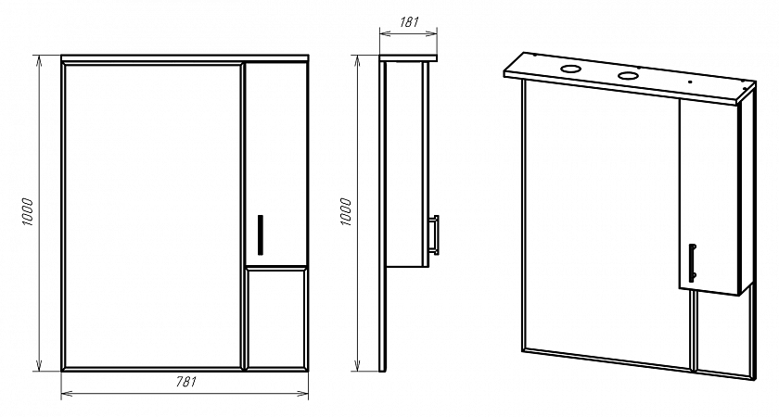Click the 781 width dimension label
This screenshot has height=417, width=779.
click(185, 382)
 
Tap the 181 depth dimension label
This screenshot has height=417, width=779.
click(409, 22)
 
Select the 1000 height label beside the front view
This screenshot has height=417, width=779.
click(27, 212)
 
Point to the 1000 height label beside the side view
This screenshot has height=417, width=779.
click(346, 212)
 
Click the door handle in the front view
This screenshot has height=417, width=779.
click(261, 234)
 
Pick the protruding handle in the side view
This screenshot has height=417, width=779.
click(434, 234)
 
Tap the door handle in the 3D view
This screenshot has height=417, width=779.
click(692, 263)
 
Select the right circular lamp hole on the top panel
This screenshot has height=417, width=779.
click(628, 76)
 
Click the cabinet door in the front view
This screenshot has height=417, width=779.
click(275, 164)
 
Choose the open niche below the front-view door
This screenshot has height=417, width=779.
click(276, 318)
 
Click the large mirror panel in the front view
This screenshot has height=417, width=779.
click(152, 216)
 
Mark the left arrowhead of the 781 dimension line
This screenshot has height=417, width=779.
click(63, 394)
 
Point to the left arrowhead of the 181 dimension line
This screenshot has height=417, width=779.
click(382, 33)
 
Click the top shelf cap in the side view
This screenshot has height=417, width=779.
click(408, 57)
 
